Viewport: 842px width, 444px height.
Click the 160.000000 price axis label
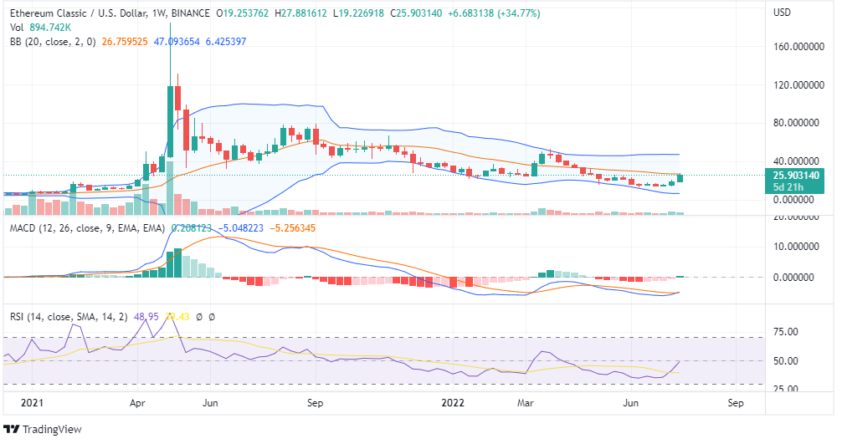[796, 47]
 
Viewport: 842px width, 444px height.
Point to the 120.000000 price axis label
[796, 85]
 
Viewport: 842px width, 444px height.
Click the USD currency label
[782, 13]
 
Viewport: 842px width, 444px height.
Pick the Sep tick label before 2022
[315, 402]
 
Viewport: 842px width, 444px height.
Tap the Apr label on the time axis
[139, 402]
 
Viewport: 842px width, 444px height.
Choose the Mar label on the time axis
[526, 402]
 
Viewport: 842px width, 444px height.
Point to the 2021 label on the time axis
[31, 402]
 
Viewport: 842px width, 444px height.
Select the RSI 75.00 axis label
[784, 332]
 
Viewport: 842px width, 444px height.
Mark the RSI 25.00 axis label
[784, 389]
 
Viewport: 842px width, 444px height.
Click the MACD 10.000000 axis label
[796, 247]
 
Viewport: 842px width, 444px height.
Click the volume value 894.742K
[45, 27]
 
